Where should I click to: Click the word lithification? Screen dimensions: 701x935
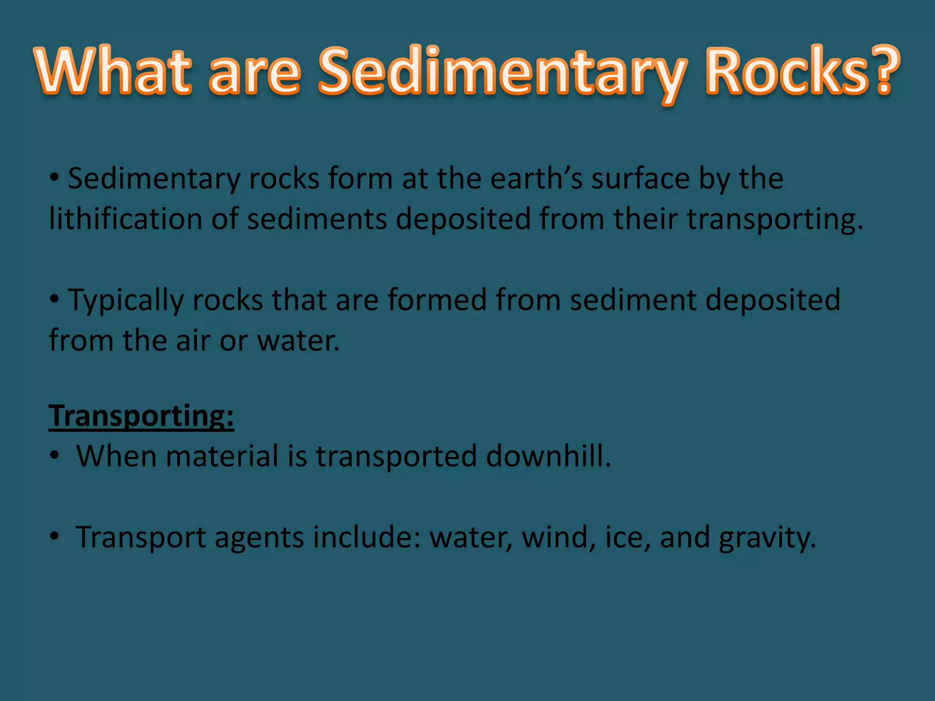coord(125,219)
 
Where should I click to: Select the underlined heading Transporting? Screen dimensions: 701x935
coord(141,416)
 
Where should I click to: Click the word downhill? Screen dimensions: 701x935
coord(548,456)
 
